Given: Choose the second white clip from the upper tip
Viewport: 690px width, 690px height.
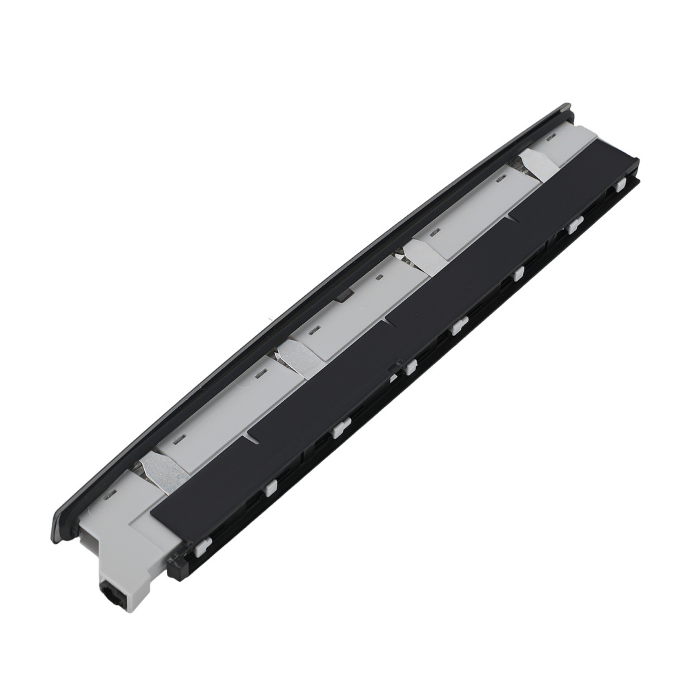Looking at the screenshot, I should (x=574, y=224).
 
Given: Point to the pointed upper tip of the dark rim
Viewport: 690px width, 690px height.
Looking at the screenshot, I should (x=567, y=108).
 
